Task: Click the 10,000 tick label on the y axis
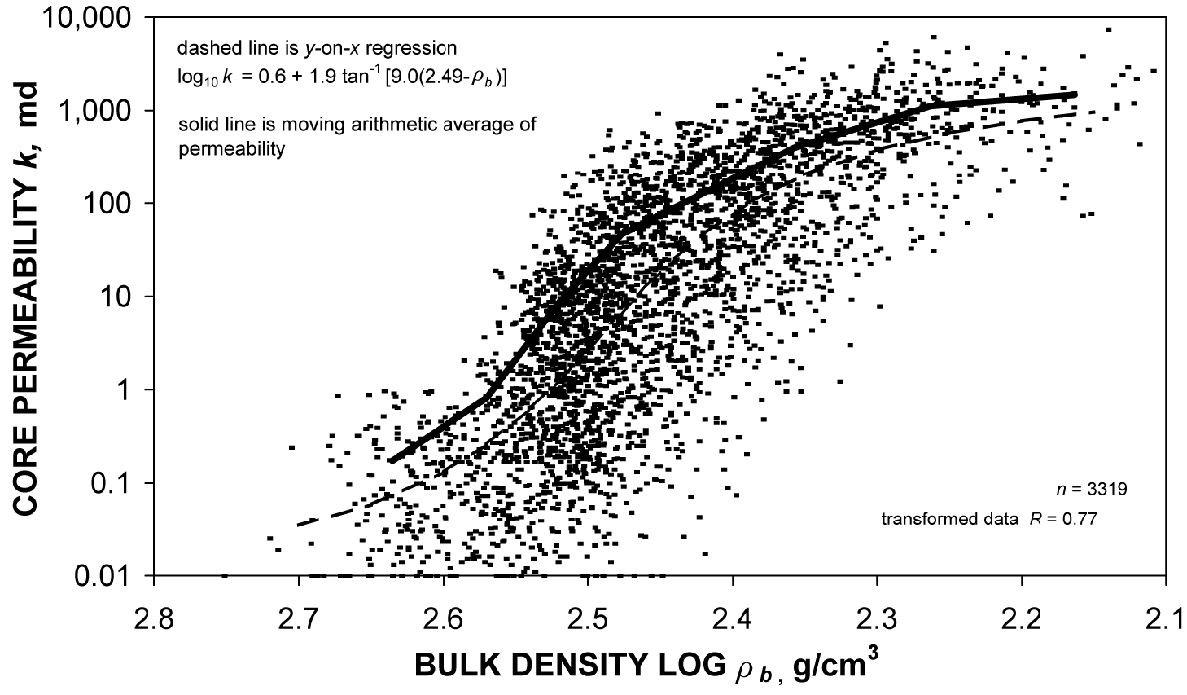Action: point(94,18)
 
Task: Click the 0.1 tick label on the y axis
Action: point(119,484)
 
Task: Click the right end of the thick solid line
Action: point(1075,95)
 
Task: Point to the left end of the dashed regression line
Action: point(298,524)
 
